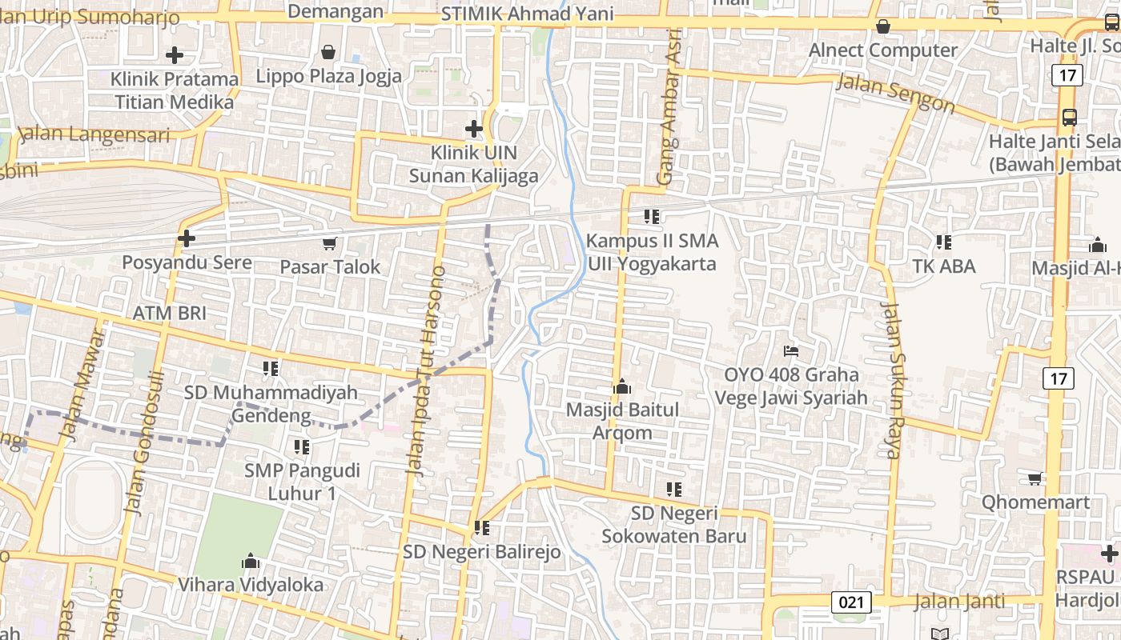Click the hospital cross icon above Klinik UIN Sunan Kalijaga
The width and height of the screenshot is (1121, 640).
click(x=474, y=128)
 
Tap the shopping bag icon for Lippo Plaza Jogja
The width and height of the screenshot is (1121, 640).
click(x=328, y=53)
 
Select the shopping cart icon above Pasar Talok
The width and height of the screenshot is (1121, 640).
click(x=329, y=243)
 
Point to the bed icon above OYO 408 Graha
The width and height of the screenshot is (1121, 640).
click(x=791, y=350)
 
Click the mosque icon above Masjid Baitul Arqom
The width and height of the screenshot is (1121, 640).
click(x=622, y=387)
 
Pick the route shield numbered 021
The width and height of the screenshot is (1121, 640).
click(x=850, y=601)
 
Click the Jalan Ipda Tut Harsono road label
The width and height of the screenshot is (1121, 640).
click(x=425, y=371)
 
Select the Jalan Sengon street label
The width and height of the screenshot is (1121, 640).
click(x=895, y=93)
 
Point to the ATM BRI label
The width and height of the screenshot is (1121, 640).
click(x=170, y=313)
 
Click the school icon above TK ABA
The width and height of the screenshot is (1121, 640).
click(x=944, y=242)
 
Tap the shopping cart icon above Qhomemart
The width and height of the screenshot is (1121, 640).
click(x=1035, y=478)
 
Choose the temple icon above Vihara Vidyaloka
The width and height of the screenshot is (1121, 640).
click(x=251, y=560)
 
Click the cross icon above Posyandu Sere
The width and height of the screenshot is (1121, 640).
click(x=187, y=238)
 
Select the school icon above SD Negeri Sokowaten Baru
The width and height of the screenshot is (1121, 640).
click(x=674, y=489)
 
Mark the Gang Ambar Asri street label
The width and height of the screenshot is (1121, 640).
click(x=671, y=106)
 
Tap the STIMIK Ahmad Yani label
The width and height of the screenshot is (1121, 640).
click(x=528, y=14)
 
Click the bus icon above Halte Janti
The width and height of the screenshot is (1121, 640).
click(x=1069, y=117)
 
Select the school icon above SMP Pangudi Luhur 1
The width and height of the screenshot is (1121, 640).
click(x=302, y=446)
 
